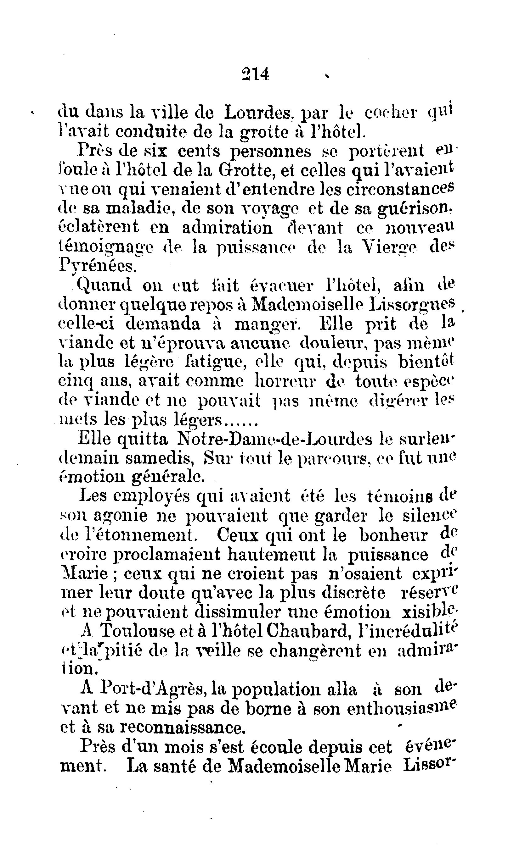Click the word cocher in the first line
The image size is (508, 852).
coord(390,112)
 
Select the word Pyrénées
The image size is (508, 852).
coord(98,265)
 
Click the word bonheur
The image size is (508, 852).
coord(394,534)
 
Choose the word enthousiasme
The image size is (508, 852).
coord(402,707)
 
